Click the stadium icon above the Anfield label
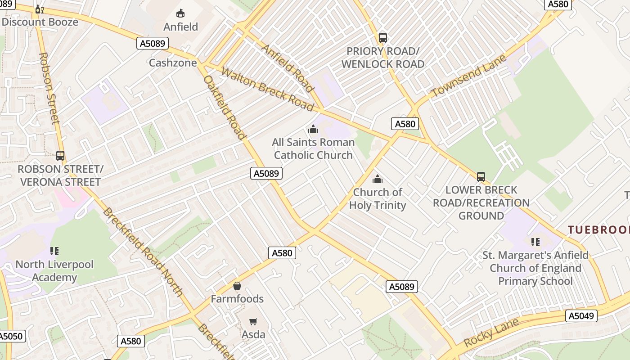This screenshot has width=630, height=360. (180, 13)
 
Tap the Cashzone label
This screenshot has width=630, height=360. (173, 63)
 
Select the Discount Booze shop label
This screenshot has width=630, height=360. (40, 22)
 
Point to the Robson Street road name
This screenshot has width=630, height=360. (49, 88)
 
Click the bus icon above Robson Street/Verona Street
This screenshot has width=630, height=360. (60, 156)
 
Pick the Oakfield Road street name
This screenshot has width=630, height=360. (225, 107)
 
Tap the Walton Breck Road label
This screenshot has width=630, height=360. (267, 89)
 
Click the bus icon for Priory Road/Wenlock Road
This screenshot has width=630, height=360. (383, 38)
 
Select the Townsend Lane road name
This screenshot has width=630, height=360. (468, 75)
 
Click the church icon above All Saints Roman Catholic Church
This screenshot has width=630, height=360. (313, 130)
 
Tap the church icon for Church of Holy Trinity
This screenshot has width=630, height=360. (378, 180)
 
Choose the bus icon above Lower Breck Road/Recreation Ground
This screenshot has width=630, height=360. (481, 177)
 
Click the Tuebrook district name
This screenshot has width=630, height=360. (598, 230)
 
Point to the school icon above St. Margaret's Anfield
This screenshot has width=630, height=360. (535, 242)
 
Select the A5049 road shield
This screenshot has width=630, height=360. (581, 316)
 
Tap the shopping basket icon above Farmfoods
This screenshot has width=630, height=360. (237, 286)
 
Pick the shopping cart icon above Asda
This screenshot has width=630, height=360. (253, 321)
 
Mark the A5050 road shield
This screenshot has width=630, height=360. (10, 336)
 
